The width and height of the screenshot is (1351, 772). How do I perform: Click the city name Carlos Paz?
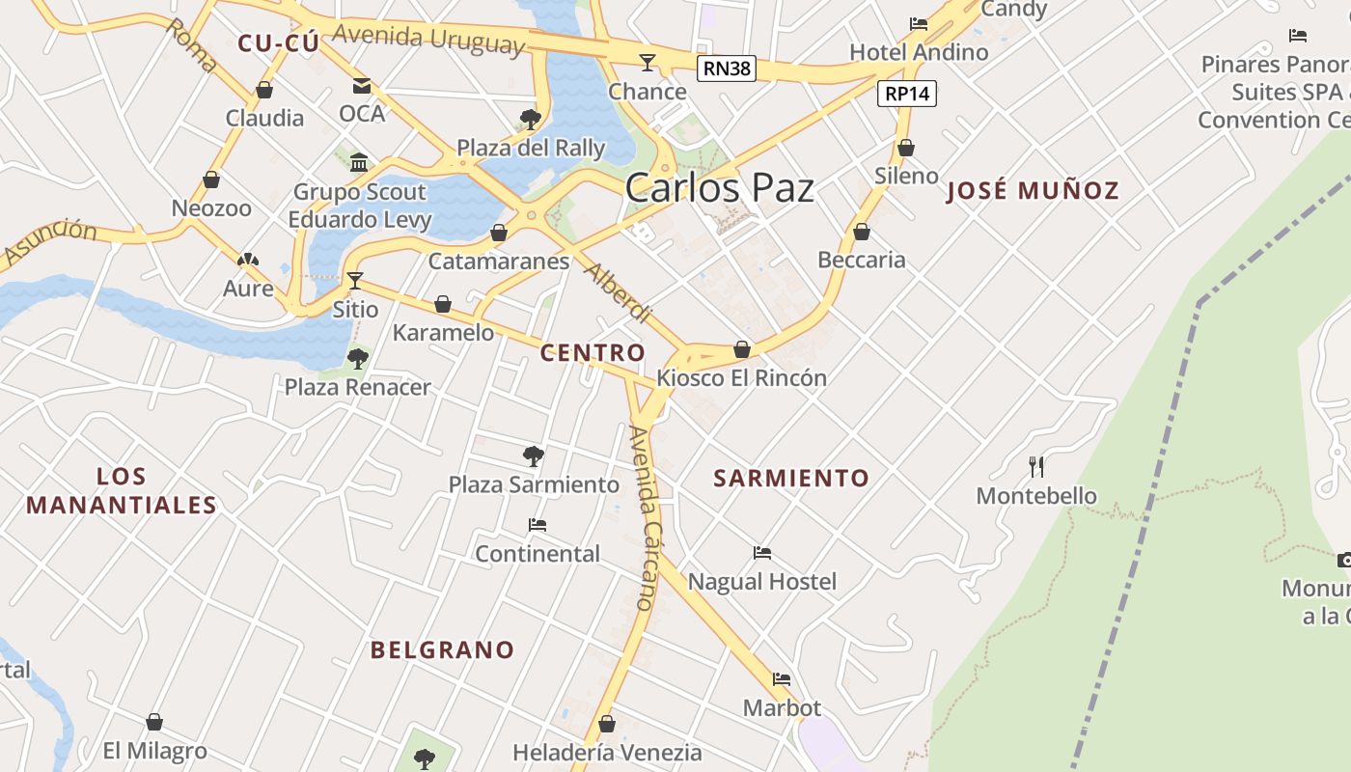click(x=719, y=187)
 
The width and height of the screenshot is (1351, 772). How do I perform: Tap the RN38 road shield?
click(x=727, y=69)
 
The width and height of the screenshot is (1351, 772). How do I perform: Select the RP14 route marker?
click(x=907, y=94)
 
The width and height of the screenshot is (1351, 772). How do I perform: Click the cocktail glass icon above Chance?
click(x=648, y=63)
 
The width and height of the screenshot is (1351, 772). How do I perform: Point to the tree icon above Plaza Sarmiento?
click(x=533, y=455)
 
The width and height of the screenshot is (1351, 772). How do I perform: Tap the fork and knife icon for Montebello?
click(x=1037, y=467)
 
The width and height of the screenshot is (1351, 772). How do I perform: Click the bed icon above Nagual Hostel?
click(x=762, y=553)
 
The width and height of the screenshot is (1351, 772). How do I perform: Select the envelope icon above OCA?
click(x=362, y=86)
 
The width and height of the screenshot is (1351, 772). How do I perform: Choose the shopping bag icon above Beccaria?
click(x=862, y=232)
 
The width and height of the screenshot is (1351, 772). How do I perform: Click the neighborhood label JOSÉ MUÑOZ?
click(x=1033, y=190)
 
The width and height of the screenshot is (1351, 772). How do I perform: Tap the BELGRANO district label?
click(x=443, y=649)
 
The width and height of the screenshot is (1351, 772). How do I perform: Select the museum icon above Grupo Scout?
click(x=359, y=161)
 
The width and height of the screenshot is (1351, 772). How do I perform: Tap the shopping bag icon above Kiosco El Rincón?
click(x=742, y=349)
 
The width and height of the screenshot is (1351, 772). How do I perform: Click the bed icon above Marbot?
click(x=782, y=679)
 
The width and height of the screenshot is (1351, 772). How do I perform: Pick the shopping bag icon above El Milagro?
click(x=154, y=722)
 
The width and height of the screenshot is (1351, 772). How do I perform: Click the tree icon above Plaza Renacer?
click(x=358, y=359)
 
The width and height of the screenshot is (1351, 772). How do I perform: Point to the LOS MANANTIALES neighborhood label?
click(x=122, y=490)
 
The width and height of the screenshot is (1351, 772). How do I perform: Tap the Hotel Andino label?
click(x=919, y=52)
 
